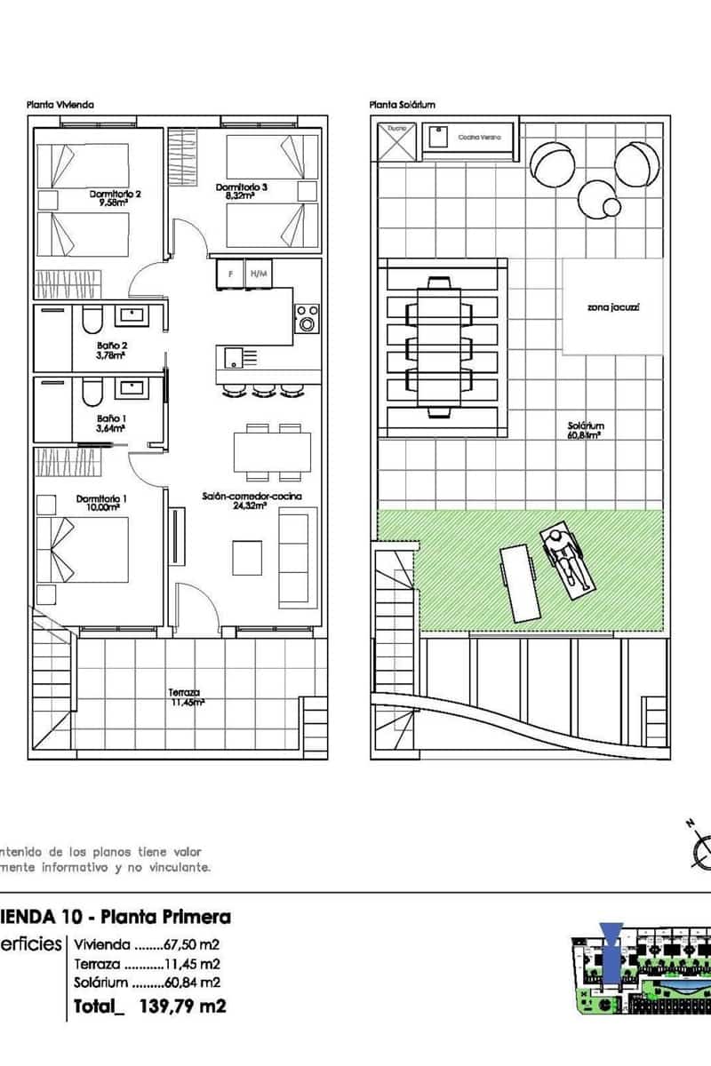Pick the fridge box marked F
(231, 274)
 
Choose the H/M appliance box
(258, 274)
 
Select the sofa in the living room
(298, 558)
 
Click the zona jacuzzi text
(613, 308)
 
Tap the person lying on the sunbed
(565, 559)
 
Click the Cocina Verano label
(480, 138)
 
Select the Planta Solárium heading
(403, 105)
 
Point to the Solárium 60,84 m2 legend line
(148, 982)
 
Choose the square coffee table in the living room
(248, 557)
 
